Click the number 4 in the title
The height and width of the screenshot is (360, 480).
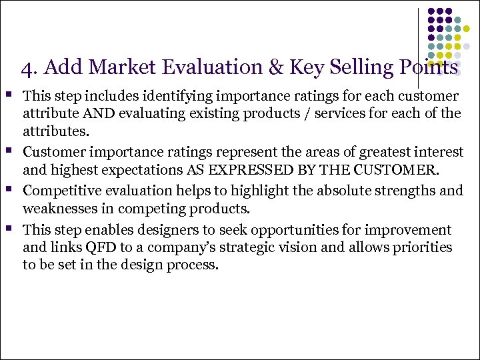pos(25,68)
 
